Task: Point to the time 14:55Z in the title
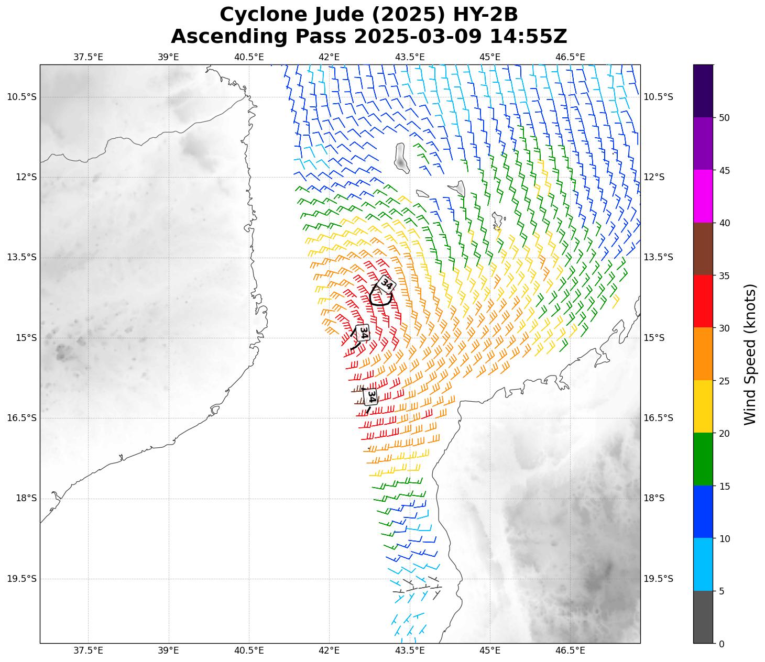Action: pyautogui.click(x=528, y=37)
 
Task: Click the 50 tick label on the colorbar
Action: pyautogui.click(x=724, y=118)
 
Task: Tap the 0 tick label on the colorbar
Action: pyautogui.click(x=722, y=644)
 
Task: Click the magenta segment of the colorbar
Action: pyautogui.click(x=703, y=196)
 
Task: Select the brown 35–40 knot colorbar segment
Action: pyautogui.click(x=703, y=249)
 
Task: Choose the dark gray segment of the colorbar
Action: pyautogui.click(x=703, y=617)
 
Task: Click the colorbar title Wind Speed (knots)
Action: pyautogui.click(x=750, y=354)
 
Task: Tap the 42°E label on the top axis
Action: pyautogui.click(x=329, y=57)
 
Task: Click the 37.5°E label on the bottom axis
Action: pyautogui.click(x=88, y=650)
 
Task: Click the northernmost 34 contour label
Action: pyautogui.click(x=386, y=284)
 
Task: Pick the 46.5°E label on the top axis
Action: pyautogui.click(x=570, y=57)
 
